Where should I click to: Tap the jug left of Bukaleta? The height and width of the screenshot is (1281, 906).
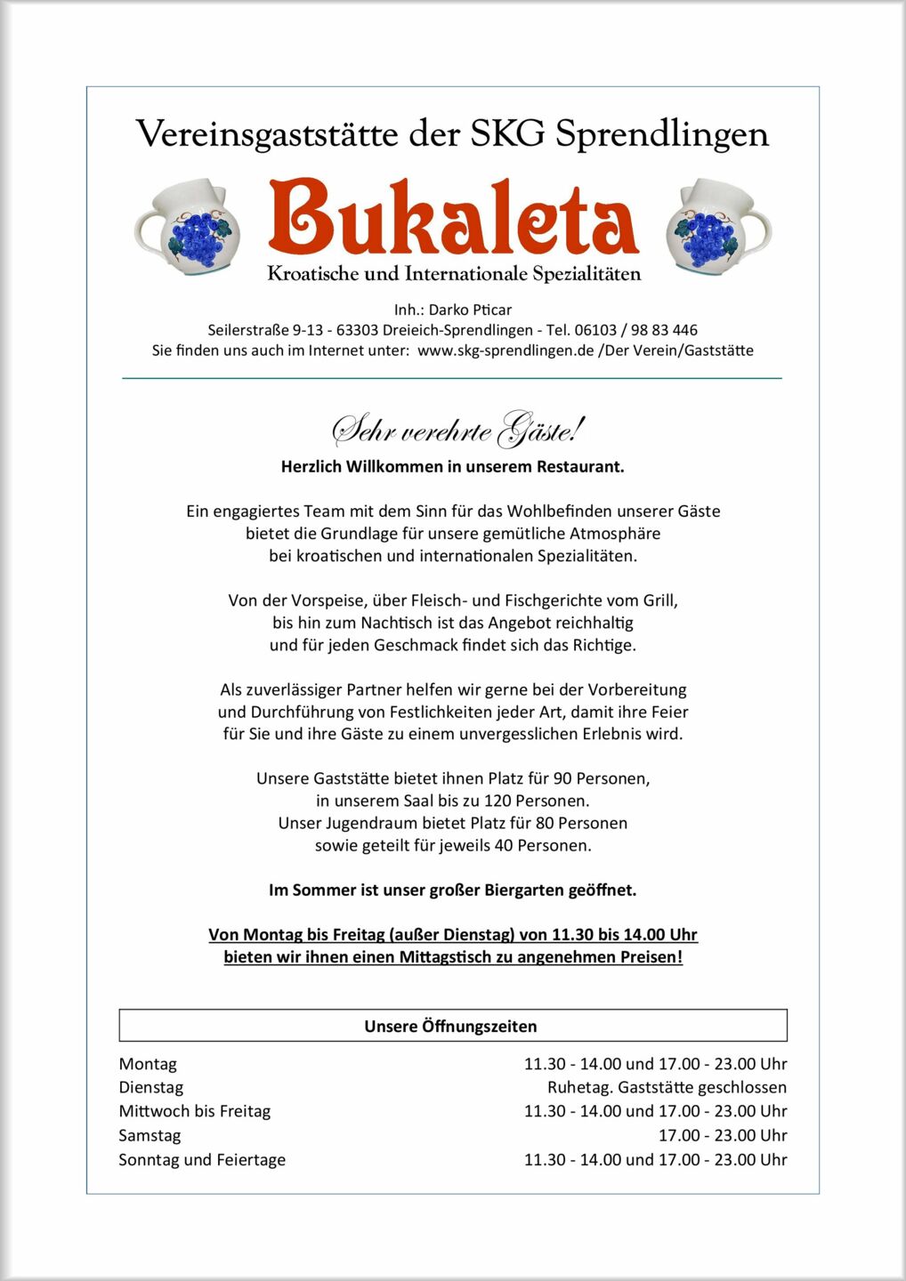point(188,227)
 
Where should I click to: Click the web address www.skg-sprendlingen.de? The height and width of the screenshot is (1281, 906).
point(505,350)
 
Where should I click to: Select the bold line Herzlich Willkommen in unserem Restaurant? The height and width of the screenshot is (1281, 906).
point(452,466)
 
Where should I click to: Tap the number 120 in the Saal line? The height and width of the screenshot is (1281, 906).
point(498,801)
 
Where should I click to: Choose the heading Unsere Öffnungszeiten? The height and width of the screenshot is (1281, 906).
point(450,1027)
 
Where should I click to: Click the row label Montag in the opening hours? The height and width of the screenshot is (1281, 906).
point(148,1064)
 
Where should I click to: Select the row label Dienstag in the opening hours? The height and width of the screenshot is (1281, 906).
point(151,1087)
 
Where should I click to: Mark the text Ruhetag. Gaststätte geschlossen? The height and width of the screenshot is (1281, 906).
point(667,1087)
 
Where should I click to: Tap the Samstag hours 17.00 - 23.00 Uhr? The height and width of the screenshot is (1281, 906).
point(722,1135)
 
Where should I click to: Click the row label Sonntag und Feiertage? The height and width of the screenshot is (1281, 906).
point(202,1159)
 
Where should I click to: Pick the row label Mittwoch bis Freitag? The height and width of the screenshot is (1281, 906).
point(194,1111)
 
